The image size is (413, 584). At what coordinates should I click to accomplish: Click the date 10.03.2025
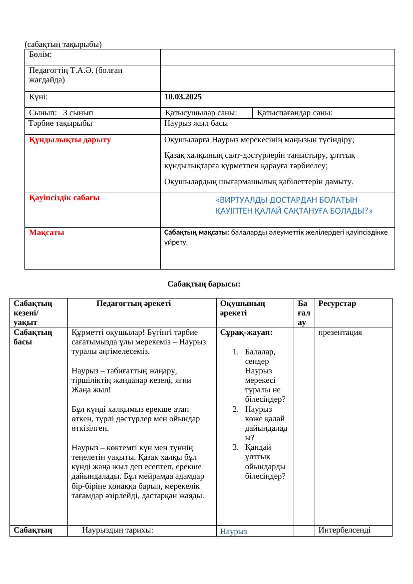coord(183,97)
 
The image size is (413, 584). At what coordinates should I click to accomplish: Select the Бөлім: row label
coord(41,54)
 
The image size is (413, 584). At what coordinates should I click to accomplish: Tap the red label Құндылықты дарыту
coord(70,140)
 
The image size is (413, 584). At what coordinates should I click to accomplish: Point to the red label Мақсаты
coord(46,233)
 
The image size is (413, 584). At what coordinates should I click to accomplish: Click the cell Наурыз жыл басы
coord(196,123)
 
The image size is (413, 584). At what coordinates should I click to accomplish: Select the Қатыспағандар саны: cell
coord(295,113)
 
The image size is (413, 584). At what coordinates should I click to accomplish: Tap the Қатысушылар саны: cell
coord(201,113)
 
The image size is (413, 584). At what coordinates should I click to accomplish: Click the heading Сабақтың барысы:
coord(204,284)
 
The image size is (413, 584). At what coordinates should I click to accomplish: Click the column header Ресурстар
coord(337,303)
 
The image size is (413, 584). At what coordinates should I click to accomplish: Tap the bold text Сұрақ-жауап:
coord(239,331)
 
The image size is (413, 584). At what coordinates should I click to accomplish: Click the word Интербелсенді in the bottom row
coord(344,530)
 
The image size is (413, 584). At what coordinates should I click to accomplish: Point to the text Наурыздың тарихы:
coord(117,530)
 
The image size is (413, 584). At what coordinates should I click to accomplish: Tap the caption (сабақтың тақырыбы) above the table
coord(63,44)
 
